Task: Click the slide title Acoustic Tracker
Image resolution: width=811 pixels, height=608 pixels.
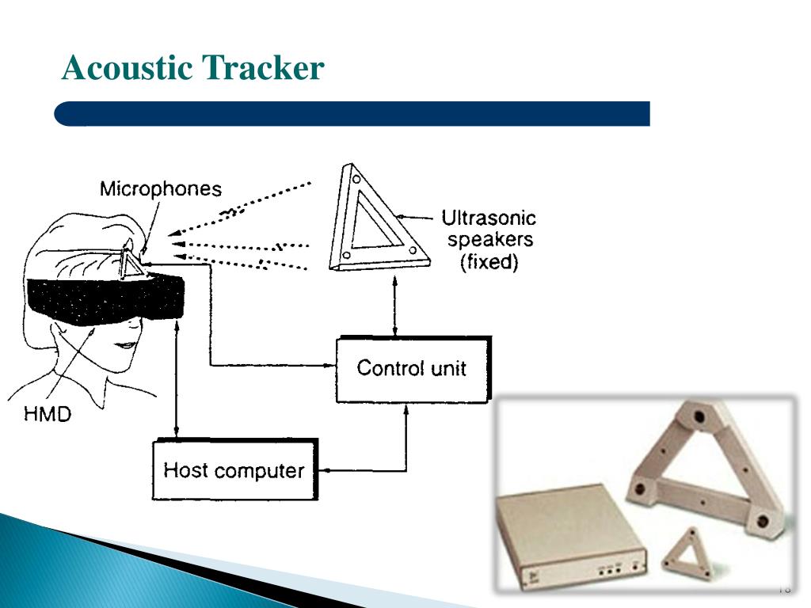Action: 193,69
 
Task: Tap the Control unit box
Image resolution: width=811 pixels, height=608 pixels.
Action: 412,369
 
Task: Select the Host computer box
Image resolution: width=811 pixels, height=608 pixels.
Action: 234,470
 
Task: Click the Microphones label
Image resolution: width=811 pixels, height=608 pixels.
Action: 161,189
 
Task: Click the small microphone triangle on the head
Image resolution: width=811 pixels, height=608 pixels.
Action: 131,263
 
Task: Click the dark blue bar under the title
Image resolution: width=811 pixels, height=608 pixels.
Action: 352,113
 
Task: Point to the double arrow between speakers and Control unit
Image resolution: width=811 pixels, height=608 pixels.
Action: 396,306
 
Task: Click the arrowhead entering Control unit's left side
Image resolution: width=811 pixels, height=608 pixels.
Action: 332,365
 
